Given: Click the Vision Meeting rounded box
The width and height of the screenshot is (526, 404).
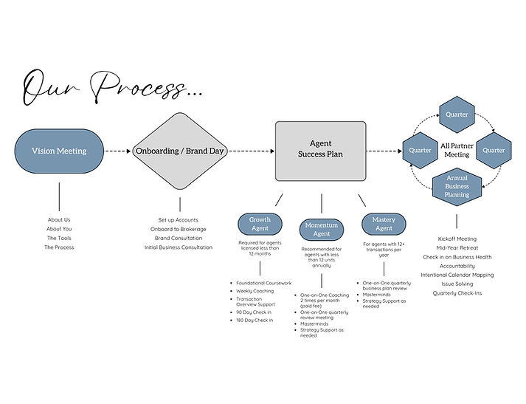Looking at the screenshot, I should tap(59, 151).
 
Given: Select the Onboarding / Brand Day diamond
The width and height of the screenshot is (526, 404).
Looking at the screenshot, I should tap(179, 151).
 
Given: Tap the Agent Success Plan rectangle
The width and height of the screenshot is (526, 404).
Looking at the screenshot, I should tap(321, 150).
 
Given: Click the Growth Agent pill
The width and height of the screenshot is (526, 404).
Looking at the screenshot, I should tap(260, 224).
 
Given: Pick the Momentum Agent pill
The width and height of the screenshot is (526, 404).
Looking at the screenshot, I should tap(322, 229).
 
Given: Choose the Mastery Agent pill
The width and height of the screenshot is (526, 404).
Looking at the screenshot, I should tap(384, 224).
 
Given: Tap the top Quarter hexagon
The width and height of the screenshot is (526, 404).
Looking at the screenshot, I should tap(456, 114).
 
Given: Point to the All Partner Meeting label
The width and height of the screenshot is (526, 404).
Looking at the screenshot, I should tap(456, 150).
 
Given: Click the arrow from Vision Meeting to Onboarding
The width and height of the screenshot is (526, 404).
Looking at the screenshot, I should tap(117, 151).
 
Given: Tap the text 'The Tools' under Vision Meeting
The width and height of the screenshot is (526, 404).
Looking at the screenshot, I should tap(59, 238).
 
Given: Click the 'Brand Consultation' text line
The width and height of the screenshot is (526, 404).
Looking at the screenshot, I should tap(179, 238).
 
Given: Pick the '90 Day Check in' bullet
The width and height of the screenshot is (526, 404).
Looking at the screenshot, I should tap(255, 311).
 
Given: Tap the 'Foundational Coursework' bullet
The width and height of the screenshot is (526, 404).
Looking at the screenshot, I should tap(263, 282).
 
